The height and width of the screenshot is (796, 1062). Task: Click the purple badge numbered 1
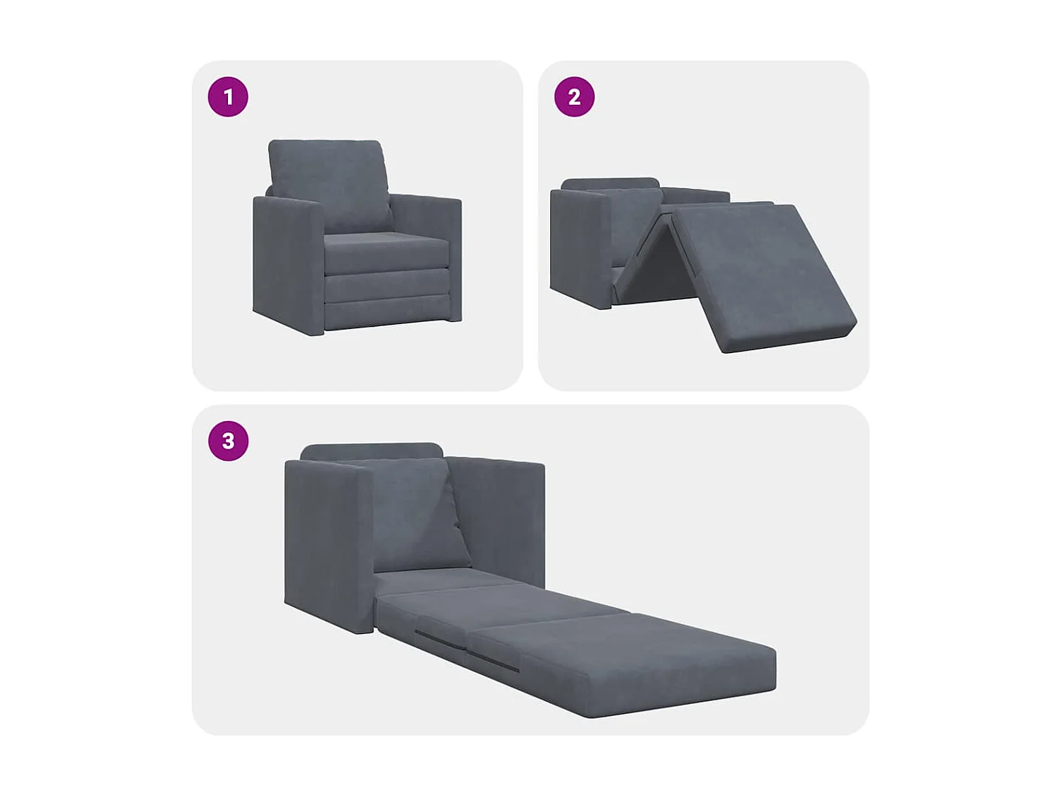[228, 97]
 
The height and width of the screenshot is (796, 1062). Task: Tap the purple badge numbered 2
[574, 97]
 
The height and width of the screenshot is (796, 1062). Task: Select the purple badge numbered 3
[228, 441]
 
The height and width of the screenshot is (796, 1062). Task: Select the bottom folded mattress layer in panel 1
[386, 313]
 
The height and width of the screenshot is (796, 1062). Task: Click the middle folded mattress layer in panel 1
[386, 284]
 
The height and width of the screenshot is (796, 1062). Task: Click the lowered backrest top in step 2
[609, 184]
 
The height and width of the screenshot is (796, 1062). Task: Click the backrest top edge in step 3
[372, 451]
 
